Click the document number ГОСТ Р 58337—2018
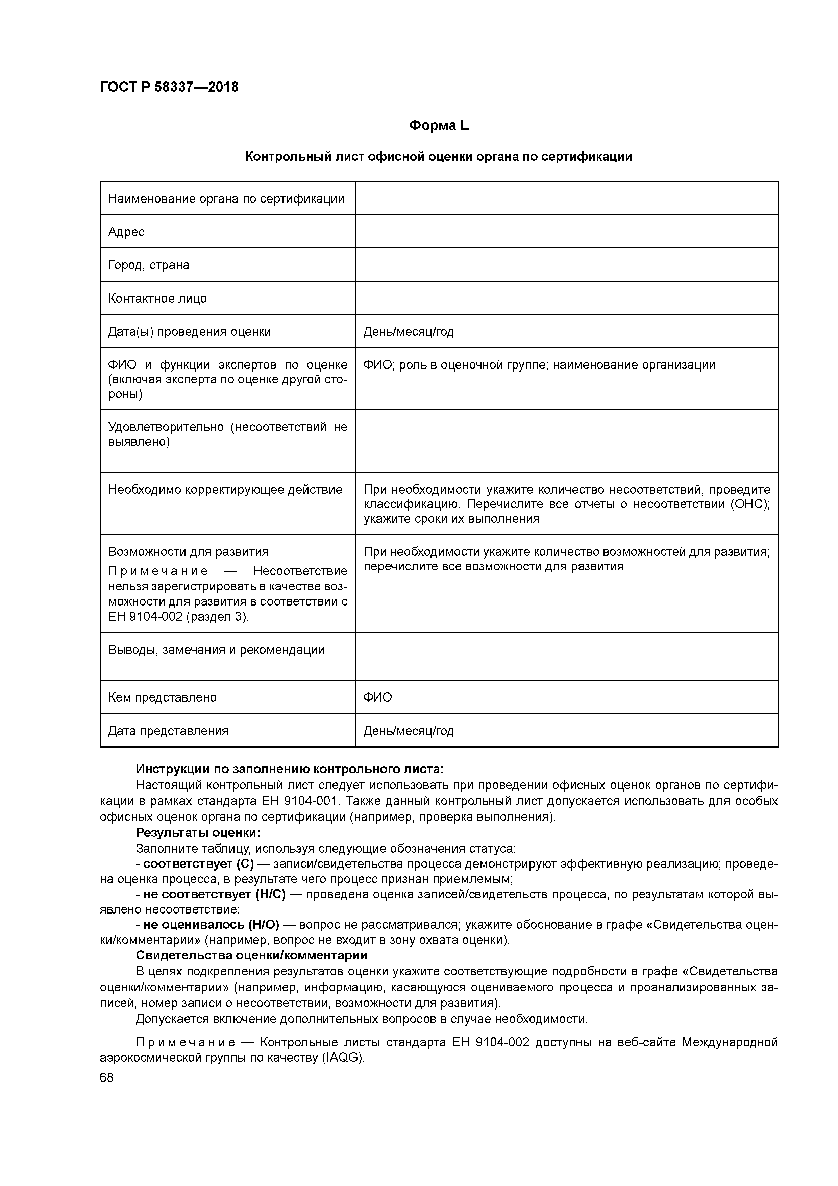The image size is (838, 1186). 169,87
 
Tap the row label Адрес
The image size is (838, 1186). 126,232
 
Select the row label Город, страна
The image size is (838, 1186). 149,265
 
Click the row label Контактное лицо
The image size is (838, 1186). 157,299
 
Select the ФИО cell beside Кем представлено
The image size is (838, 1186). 377,697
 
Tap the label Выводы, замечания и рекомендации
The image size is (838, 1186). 216,650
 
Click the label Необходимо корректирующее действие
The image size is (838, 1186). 225,489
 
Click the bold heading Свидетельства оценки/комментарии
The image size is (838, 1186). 251,955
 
